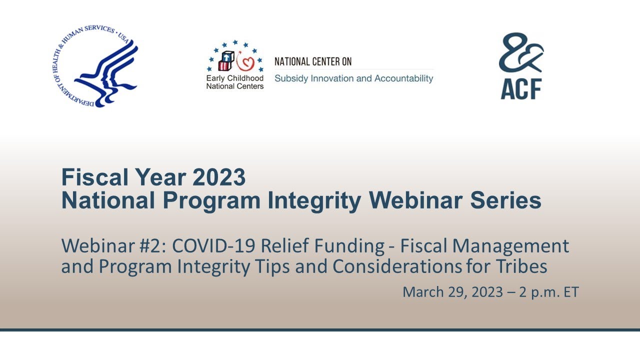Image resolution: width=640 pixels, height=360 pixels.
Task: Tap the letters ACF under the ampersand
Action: (521, 89)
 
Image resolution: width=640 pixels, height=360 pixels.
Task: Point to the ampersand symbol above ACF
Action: (521, 52)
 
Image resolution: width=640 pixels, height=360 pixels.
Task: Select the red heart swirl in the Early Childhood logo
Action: (245, 62)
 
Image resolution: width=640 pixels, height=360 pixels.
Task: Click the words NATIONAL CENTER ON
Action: (313, 61)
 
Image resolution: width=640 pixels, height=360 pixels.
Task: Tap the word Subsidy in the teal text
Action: (291, 78)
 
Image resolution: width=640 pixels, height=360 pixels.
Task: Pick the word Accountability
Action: (403, 78)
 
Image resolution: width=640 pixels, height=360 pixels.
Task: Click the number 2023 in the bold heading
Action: (219, 177)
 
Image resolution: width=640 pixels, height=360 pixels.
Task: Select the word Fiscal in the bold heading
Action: (95, 177)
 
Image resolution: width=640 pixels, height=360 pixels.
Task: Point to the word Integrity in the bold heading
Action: (314, 201)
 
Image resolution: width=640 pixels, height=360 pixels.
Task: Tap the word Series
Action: (505, 200)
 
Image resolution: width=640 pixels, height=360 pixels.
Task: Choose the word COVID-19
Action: (213, 245)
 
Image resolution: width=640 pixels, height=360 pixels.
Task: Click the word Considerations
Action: (397, 266)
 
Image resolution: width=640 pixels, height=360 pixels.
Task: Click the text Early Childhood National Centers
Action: (235, 82)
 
